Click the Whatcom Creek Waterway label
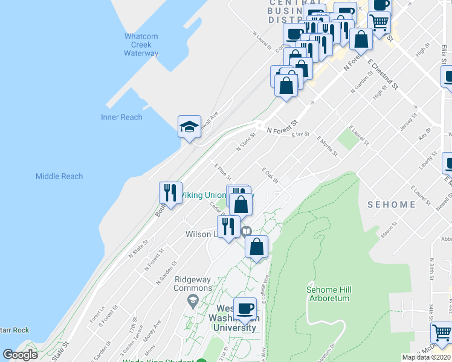point(141,45)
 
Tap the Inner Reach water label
point(121,117)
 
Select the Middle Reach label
point(59,176)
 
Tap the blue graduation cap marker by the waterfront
point(189,127)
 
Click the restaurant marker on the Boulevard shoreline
point(170,193)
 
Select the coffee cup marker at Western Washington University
point(245,310)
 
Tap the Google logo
point(21,355)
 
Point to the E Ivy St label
point(300,135)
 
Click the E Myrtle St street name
point(327,147)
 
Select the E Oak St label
point(270,176)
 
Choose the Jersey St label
point(408,122)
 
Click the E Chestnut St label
point(383,75)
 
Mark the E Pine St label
point(222,171)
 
